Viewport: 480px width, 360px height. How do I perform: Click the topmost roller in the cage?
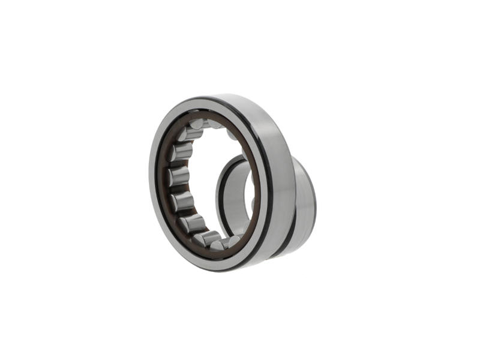(196, 124)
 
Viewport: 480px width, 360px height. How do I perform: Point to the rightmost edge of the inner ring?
(316, 204)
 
